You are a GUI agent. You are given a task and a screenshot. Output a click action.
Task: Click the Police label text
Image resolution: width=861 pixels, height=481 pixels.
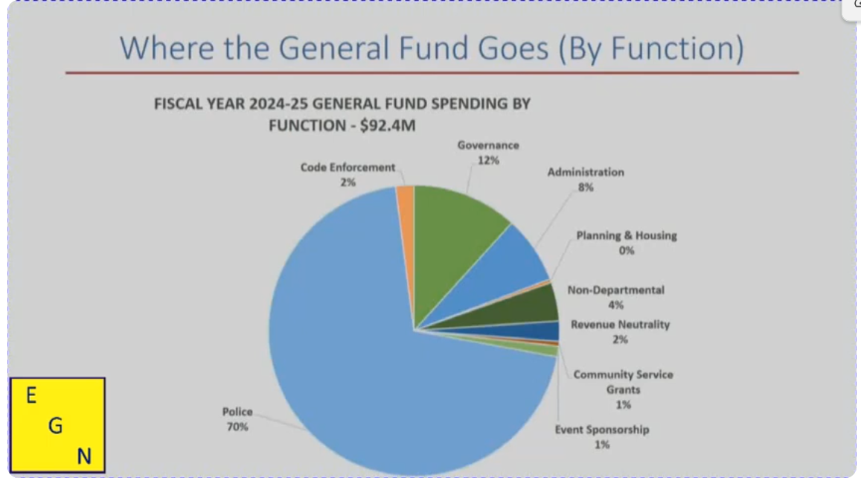point(237,412)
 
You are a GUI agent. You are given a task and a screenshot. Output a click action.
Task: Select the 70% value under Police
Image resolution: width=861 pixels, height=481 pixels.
point(237,427)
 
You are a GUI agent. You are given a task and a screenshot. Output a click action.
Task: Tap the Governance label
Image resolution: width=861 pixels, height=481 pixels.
point(488,145)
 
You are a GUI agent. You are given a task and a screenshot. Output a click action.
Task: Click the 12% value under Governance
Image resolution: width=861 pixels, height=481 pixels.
point(488,161)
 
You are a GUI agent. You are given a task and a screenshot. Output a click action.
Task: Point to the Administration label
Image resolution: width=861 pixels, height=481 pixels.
point(586,172)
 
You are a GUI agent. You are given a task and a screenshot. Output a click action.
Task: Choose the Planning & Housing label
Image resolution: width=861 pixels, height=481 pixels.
point(627,235)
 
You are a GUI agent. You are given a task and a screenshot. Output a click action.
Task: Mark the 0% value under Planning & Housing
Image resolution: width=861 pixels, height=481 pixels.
point(627,251)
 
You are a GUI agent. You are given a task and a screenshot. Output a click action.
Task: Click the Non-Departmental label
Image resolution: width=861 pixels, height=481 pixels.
point(616,290)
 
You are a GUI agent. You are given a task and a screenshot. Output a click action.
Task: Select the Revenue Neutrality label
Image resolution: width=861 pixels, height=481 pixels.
point(620,325)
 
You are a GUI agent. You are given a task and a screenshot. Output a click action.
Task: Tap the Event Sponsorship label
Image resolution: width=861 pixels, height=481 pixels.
point(602,430)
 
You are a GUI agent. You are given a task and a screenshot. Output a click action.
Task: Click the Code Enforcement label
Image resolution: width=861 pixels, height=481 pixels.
point(348,168)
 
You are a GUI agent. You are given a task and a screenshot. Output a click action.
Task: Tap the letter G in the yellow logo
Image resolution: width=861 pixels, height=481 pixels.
point(55,426)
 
